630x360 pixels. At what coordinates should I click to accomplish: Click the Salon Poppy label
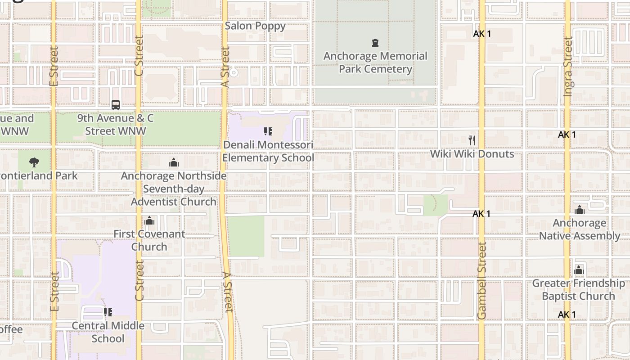[x=255, y=26]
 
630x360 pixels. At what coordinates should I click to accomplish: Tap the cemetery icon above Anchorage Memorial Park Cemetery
[x=375, y=43]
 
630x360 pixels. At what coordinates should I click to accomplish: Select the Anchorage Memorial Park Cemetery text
[x=375, y=63]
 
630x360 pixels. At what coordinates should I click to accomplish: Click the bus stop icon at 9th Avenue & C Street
[x=116, y=105]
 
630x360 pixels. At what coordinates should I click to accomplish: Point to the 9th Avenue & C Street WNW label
[x=116, y=125]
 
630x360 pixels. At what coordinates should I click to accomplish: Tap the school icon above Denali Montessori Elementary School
[x=268, y=131]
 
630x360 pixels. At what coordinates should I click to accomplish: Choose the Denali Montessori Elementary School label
[x=268, y=151]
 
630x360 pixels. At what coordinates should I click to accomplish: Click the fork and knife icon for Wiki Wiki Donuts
[x=472, y=140]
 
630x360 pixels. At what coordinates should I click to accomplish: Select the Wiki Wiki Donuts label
[x=472, y=154]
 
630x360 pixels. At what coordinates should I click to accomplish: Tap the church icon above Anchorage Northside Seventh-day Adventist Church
[x=174, y=162]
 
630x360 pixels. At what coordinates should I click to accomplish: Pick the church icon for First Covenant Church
[x=149, y=220]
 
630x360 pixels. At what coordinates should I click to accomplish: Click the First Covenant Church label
[x=149, y=240]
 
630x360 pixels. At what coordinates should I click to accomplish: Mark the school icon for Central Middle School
[x=108, y=312]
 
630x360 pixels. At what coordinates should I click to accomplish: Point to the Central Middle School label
[x=108, y=332]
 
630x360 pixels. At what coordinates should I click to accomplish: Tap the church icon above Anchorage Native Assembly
[x=580, y=210]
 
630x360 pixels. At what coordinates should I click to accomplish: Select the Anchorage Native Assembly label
[x=580, y=229]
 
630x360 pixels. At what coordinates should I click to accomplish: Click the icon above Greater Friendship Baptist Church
[x=579, y=270]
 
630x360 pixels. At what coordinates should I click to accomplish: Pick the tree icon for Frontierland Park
[x=34, y=162]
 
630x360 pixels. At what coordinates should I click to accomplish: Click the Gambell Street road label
[x=482, y=280]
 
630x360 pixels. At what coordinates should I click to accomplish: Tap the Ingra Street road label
[x=568, y=67]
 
